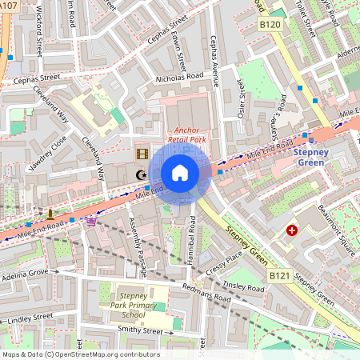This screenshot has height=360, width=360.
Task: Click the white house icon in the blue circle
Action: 180,173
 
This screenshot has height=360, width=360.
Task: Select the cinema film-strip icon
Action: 142,154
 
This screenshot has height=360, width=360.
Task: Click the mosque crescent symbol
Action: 142,174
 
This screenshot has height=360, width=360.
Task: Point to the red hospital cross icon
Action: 293,230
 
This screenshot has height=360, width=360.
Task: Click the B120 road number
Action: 270,26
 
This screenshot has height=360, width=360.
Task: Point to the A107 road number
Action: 8,5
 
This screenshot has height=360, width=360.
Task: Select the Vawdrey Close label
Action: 47,148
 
